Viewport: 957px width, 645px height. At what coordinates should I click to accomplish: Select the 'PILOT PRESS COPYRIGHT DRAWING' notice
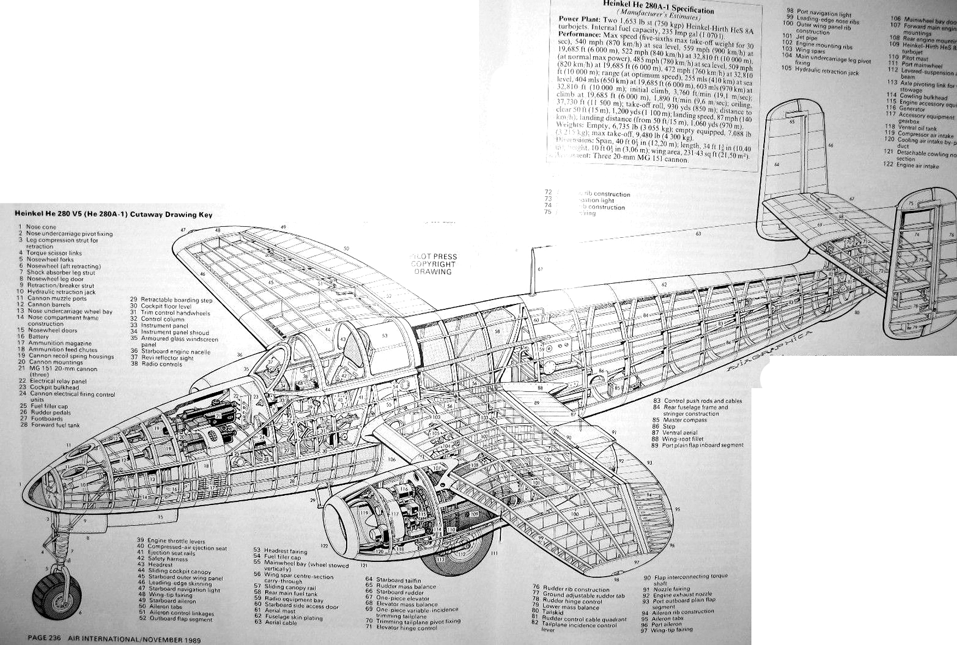point(433,264)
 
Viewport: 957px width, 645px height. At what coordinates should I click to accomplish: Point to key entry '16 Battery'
point(37,337)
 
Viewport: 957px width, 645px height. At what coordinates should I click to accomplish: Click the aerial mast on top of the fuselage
point(534,273)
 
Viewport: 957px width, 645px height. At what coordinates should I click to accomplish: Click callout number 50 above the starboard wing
point(346,249)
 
